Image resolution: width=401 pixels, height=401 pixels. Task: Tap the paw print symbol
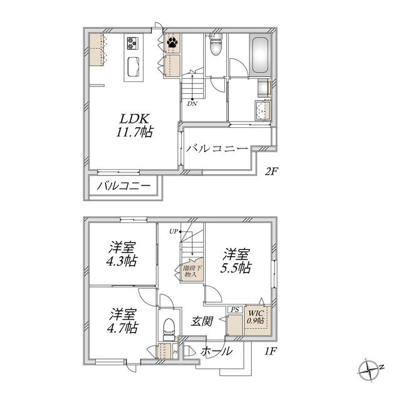point(172,43)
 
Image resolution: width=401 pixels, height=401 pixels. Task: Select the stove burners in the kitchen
point(133,43)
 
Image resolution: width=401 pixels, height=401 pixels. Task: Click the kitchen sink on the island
point(133,66)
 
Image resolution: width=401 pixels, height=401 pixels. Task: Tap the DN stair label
point(192,104)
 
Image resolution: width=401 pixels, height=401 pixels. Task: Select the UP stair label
point(173,232)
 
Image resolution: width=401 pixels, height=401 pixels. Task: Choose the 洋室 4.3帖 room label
point(122,254)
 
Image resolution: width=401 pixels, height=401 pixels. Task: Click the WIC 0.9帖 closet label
point(256,316)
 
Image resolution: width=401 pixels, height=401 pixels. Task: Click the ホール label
point(216,352)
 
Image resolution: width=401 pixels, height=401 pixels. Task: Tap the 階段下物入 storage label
point(190,271)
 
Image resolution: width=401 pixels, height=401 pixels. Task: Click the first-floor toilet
point(168,326)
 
